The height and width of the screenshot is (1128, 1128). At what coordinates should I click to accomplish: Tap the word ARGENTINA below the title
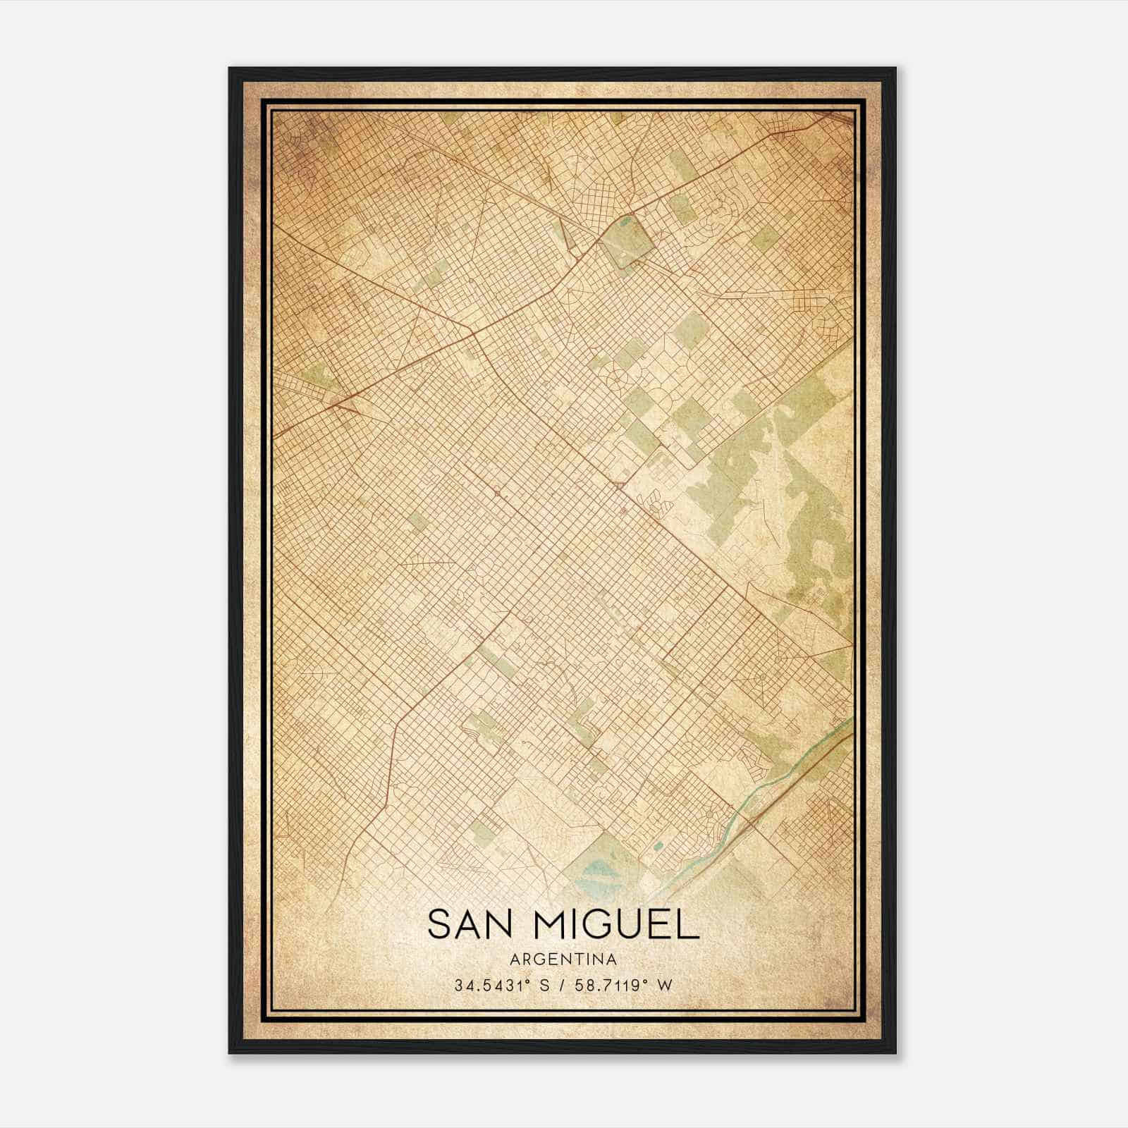click(563, 960)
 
